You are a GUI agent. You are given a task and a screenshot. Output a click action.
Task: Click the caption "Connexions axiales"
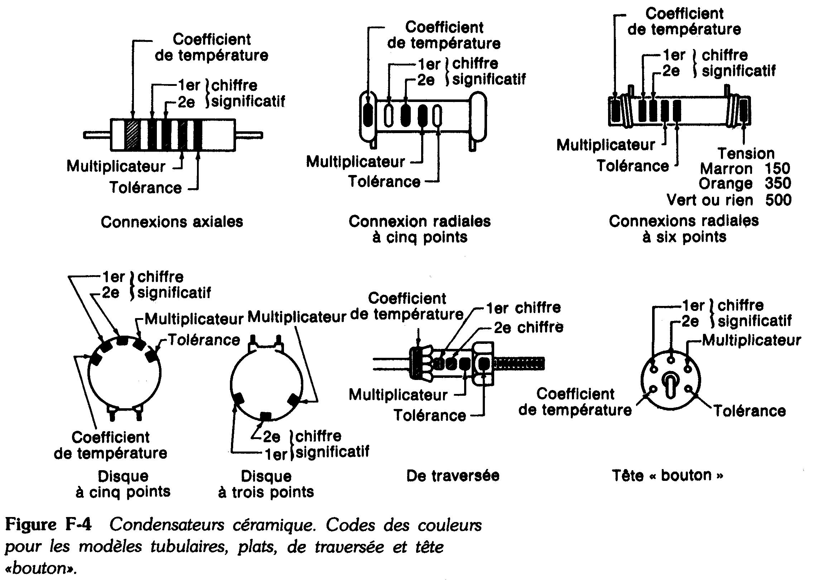tap(172, 222)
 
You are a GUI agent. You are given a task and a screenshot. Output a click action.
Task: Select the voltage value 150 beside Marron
tap(777, 168)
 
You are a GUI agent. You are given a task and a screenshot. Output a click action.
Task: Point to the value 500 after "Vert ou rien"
tap(778, 200)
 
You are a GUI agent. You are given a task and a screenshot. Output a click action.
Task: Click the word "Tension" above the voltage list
tap(746, 153)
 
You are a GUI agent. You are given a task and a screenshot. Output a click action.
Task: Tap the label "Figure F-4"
tap(48, 525)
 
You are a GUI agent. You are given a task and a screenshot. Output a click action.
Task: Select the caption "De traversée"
tap(453, 476)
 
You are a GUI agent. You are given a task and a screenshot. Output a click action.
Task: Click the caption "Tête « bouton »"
tap(667, 475)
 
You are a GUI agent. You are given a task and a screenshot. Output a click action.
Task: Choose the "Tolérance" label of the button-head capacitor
tap(750, 410)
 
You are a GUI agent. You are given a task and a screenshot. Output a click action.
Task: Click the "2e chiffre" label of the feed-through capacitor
tap(529, 327)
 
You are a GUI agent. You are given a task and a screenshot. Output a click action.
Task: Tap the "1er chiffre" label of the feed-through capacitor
tap(523, 307)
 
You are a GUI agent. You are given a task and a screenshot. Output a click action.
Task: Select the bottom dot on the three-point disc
tap(265, 416)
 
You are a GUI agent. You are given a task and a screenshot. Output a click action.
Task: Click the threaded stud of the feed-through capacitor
tap(519, 363)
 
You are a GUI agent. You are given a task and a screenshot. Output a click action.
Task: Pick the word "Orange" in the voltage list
tap(726, 184)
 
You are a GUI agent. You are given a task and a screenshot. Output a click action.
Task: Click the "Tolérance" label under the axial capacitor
tap(145, 187)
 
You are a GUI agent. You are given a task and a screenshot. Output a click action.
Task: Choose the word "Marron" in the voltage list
tap(726, 168)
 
